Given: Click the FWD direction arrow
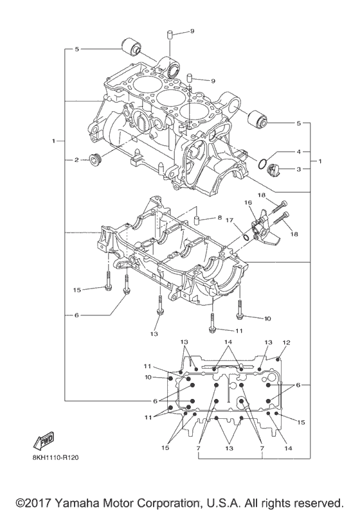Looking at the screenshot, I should pyautogui.click(x=43, y=442).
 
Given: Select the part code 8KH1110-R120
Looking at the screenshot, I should pyautogui.click(x=55, y=459).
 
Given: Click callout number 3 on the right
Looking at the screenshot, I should pyautogui.click(x=298, y=169).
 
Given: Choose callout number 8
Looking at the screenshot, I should pyautogui.click(x=219, y=218).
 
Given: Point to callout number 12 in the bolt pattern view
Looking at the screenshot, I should pyautogui.click(x=286, y=342).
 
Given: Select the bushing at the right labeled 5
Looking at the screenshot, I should pyautogui.click(x=257, y=119).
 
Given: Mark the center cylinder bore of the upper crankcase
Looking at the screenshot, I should pyautogui.click(x=168, y=98).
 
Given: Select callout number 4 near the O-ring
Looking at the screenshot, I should pyautogui.click(x=298, y=152).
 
